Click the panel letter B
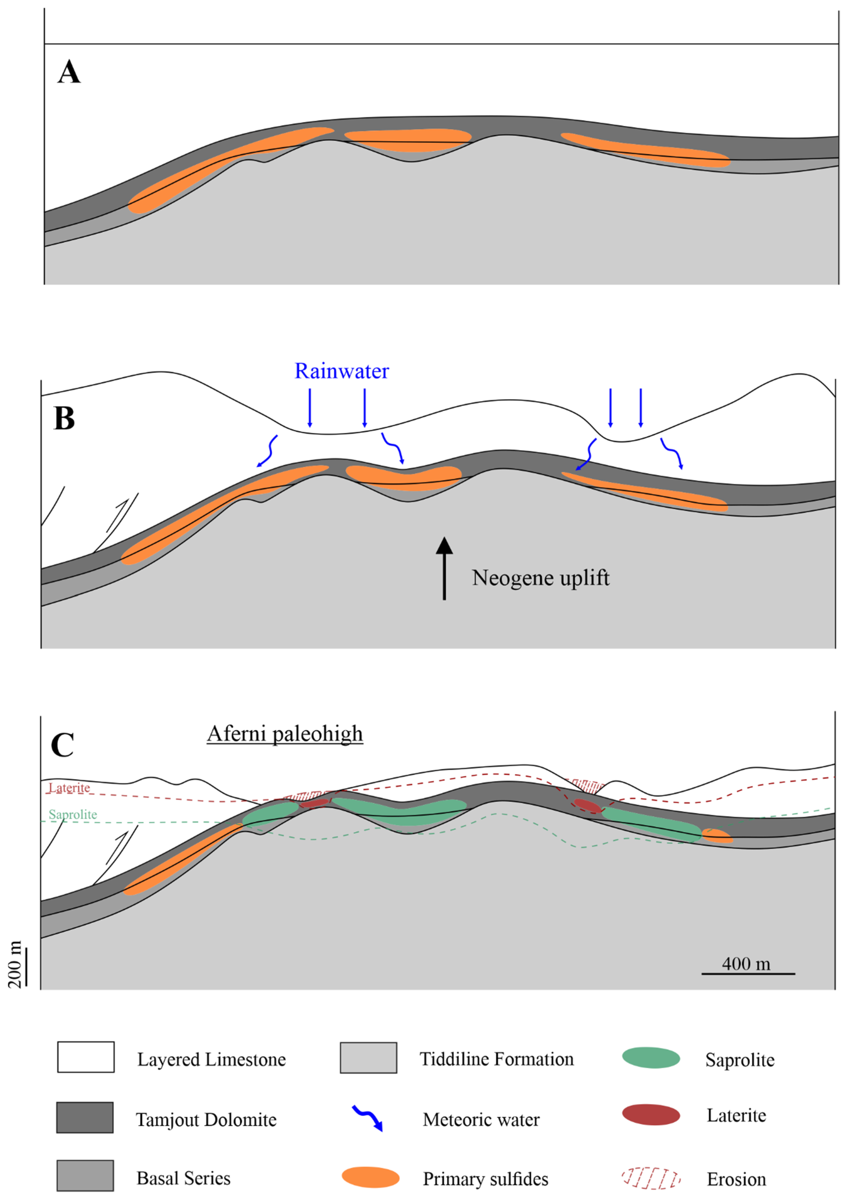65,419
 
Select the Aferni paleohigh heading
285,733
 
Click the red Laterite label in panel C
69,788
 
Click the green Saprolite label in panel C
73,814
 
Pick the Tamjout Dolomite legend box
85,1118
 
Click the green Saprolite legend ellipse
651,1058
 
